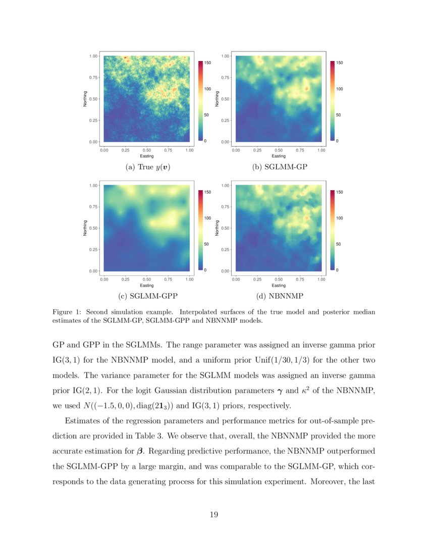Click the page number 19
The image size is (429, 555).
tap(214, 515)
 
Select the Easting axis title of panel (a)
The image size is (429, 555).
tap(147, 156)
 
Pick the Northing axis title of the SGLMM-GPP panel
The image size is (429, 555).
tap(85, 228)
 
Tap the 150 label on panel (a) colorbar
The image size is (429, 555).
tap(207, 63)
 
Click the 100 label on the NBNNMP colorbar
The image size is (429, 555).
tap(339, 218)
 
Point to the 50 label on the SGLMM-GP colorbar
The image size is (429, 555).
tap(338, 115)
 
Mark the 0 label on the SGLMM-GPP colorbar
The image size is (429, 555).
tap(205, 270)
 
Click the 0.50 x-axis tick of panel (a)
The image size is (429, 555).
tap(147, 150)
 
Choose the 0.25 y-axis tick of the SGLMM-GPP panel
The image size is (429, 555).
tap(94, 250)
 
